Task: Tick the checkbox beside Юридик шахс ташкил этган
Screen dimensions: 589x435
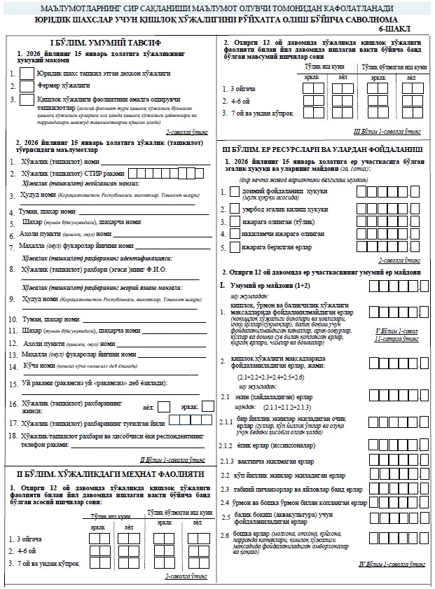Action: tap(27, 73)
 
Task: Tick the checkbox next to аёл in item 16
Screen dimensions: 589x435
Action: tap(163, 406)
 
